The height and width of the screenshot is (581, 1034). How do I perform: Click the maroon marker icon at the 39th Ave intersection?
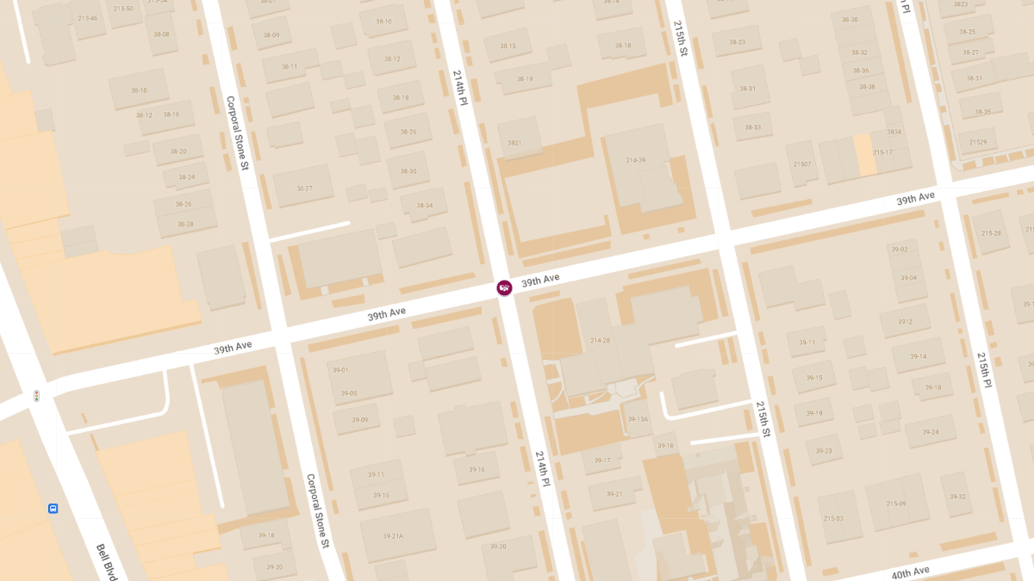pos(504,287)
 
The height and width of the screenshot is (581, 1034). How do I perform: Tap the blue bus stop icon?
pos(53,509)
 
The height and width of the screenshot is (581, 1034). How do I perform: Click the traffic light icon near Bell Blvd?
pos(36,396)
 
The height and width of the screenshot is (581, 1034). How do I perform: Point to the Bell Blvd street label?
pos(107,562)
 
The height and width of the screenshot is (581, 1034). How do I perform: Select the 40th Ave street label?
pos(910,572)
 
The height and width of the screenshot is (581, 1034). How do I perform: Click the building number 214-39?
pos(636,160)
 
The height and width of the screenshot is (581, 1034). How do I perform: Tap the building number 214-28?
pos(600,341)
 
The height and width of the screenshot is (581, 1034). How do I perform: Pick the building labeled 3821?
pos(514,143)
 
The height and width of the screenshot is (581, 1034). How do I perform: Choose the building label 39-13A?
pos(638,419)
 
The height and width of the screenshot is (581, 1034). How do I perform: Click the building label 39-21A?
pos(393,536)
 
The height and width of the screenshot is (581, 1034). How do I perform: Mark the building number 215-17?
pos(882,152)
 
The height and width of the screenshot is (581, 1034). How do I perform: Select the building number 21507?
pos(802,164)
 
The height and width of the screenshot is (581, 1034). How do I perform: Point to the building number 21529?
pos(977,142)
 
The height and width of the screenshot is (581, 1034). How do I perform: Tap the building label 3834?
pos(894,132)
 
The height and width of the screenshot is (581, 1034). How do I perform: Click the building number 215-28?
pos(991,233)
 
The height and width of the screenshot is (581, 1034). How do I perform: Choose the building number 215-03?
pos(833,518)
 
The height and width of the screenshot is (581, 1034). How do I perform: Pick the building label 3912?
pos(905,322)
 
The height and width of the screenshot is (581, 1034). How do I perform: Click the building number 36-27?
pos(304,189)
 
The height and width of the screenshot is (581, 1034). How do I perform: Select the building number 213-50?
pos(123,9)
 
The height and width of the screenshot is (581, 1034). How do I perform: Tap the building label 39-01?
pos(339,370)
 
